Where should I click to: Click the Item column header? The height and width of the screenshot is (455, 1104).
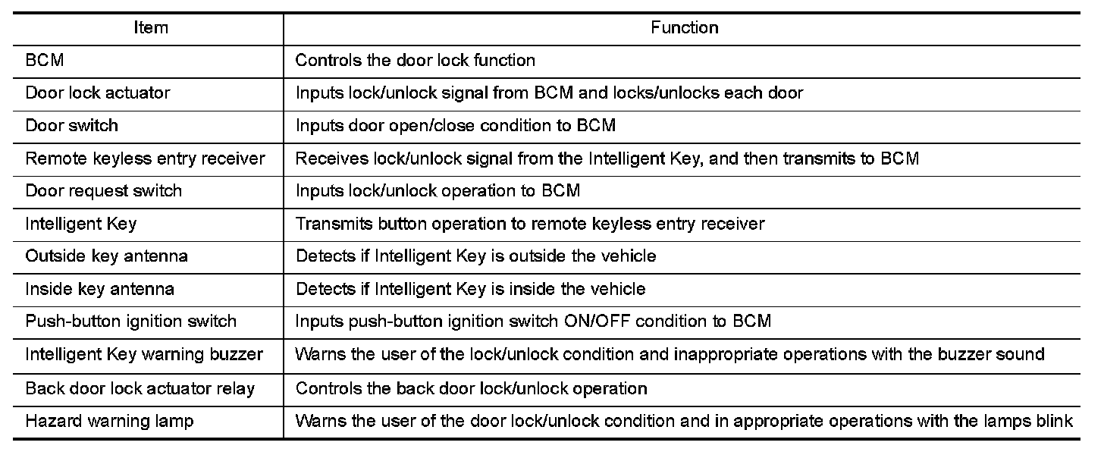coord(151,27)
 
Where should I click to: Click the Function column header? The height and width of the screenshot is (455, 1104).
coord(685,27)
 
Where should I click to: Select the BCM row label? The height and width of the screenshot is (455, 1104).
coord(45,60)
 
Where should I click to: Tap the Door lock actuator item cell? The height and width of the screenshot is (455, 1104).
coord(98,93)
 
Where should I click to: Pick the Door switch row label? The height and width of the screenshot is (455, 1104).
coord(72,125)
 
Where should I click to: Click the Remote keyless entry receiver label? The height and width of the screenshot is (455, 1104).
coord(146,158)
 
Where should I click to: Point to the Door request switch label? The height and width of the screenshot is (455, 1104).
coord(103,191)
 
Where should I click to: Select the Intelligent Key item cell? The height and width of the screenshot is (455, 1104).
coord(81,224)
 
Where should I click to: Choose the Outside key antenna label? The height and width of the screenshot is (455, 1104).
coord(106,256)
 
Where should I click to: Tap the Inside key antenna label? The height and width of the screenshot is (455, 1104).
coord(99,289)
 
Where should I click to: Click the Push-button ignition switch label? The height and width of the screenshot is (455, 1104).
coord(131,322)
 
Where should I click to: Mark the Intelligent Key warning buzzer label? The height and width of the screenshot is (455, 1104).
coord(144,354)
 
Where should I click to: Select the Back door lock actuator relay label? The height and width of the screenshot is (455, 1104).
coord(140,388)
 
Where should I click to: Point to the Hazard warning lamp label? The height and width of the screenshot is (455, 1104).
coord(109,421)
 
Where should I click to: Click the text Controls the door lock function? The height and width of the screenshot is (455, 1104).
coord(415,60)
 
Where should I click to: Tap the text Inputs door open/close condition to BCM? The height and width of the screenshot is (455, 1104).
coord(456,125)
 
